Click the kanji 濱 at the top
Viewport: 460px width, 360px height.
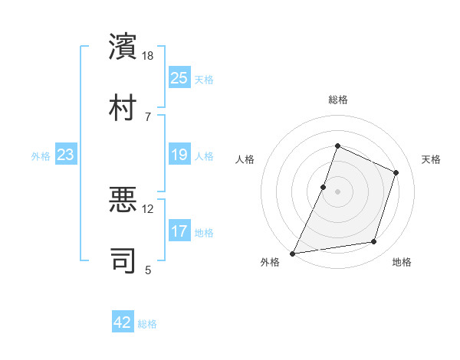123,47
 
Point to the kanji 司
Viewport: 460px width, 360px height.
123,258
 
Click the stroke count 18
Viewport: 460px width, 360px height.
149,56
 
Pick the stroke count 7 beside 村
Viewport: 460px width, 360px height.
149,116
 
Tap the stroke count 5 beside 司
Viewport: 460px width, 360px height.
149,269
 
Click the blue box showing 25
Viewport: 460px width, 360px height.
179,78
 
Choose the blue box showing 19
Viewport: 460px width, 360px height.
179,155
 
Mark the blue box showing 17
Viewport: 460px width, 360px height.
179,232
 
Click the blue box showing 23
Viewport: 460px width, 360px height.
65,155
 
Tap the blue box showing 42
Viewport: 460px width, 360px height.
123,323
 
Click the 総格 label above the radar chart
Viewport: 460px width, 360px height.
337,100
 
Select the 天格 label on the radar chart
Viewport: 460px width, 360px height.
431,159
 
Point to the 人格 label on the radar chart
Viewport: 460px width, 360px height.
245,159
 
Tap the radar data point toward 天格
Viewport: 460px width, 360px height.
396,172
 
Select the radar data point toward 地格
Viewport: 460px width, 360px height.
374,242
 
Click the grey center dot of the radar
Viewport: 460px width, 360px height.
337,191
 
